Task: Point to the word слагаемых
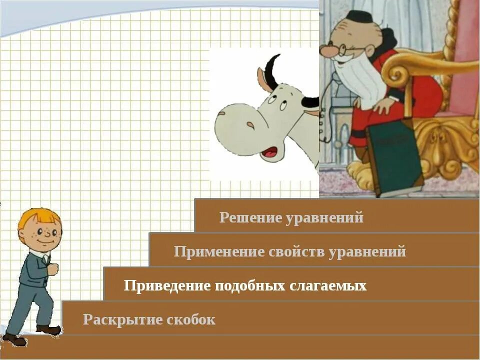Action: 328,285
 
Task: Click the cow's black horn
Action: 273,70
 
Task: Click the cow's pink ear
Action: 263,80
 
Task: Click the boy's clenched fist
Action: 52,269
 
